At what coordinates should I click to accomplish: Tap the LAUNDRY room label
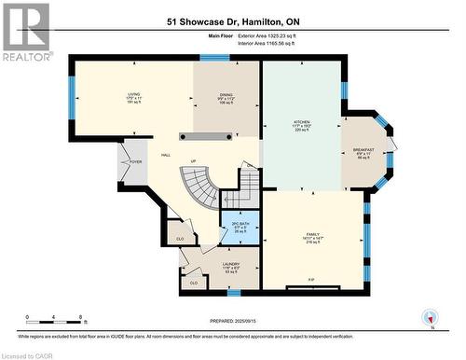[x=231, y=268]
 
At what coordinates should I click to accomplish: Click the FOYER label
[x=135, y=161]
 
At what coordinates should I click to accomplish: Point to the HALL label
[x=165, y=156]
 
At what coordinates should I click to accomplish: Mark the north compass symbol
[x=430, y=318]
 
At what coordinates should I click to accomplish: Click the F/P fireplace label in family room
[x=309, y=279]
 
